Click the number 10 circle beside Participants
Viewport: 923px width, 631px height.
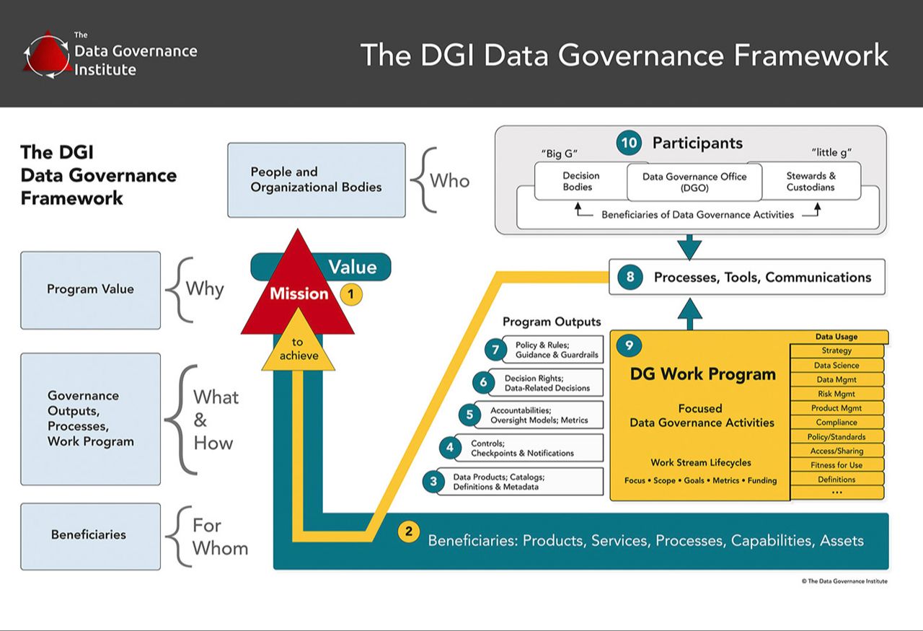629,143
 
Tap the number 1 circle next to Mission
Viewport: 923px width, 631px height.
350,294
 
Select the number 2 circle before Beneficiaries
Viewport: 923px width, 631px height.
409,532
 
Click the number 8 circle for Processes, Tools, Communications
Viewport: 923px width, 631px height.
630,277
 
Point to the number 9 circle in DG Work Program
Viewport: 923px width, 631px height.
629,345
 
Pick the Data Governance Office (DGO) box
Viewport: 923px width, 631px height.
694,182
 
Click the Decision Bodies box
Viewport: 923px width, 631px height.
580,181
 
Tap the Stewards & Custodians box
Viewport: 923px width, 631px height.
811,181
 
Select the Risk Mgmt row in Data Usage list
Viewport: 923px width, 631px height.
836,394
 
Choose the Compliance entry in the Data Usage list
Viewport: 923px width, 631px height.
836,423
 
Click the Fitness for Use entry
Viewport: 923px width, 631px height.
836,465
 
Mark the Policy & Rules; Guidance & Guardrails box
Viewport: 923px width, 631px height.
556,350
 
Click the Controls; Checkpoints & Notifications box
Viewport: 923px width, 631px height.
522,448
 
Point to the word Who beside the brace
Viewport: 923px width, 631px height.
449,180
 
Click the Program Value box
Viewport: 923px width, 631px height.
90,289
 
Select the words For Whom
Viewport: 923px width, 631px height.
219,537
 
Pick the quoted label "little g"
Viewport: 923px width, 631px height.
833,153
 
